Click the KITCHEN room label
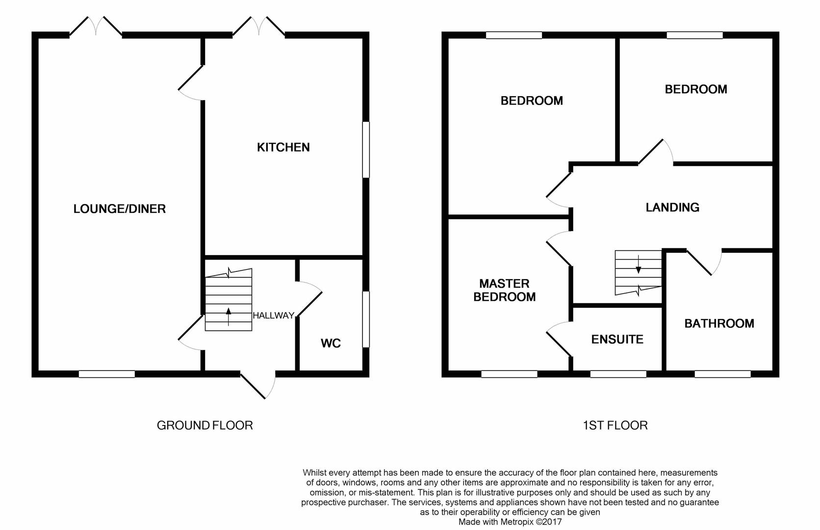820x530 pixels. [283, 147]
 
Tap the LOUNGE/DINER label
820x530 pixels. [120, 209]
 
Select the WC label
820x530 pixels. [331, 343]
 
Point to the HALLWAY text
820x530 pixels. [274, 316]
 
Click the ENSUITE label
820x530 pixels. [617, 340]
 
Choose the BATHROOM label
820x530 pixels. [719, 323]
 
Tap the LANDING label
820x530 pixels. [672, 208]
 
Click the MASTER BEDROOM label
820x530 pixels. [505, 290]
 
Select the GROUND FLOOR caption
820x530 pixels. [205, 425]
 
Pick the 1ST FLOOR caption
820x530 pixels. [615, 425]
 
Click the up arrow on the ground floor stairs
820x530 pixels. [229, 317]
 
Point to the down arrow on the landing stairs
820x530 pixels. [639, 265]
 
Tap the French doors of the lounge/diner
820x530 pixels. [96, 26]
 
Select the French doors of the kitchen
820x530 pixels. [259, 26]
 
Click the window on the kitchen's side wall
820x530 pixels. [366, 150]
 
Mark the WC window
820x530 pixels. [366, 319]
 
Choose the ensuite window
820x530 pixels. [618, 374]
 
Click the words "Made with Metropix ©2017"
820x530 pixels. [510, 522]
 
